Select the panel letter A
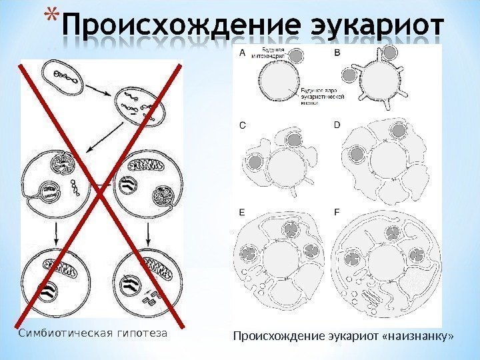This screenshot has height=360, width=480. (x=242, y=51)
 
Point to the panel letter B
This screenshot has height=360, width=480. (x=336, y=51)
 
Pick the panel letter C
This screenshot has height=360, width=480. (x=242, y=125)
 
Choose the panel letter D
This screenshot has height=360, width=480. (x=337, y=125)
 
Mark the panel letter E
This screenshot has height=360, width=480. (x=242, y=212)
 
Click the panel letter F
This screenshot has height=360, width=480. (x=336, y=212)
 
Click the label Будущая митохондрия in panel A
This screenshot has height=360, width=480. (x=274, y=53)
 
